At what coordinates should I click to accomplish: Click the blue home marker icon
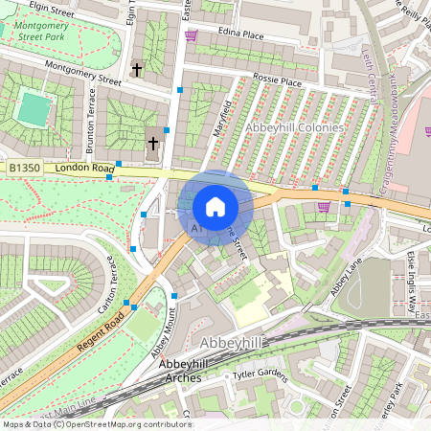[x=215, y=206]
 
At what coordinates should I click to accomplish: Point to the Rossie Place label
[x=277, y=82]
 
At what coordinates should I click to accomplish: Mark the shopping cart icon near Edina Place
[x=191, y=35]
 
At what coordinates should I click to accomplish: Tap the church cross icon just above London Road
[x=152, y=144]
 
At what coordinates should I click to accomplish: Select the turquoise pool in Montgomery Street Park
[x=34, y=109]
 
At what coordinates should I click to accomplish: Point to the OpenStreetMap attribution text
[x=97, y=423]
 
